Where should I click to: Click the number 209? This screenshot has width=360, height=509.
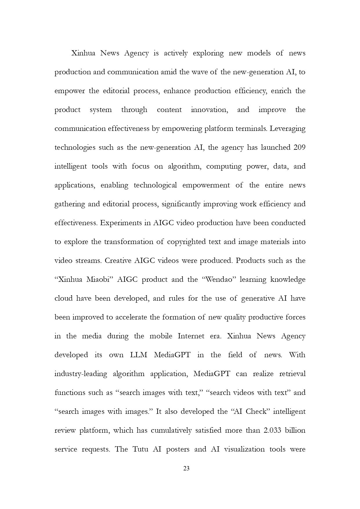pos(299,147)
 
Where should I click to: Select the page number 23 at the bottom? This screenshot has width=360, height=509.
pos(187,468)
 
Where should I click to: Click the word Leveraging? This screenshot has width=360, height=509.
pos(287,129)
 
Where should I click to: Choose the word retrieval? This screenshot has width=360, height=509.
pos(292,373)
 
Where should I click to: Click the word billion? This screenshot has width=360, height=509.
pos(295,430)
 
